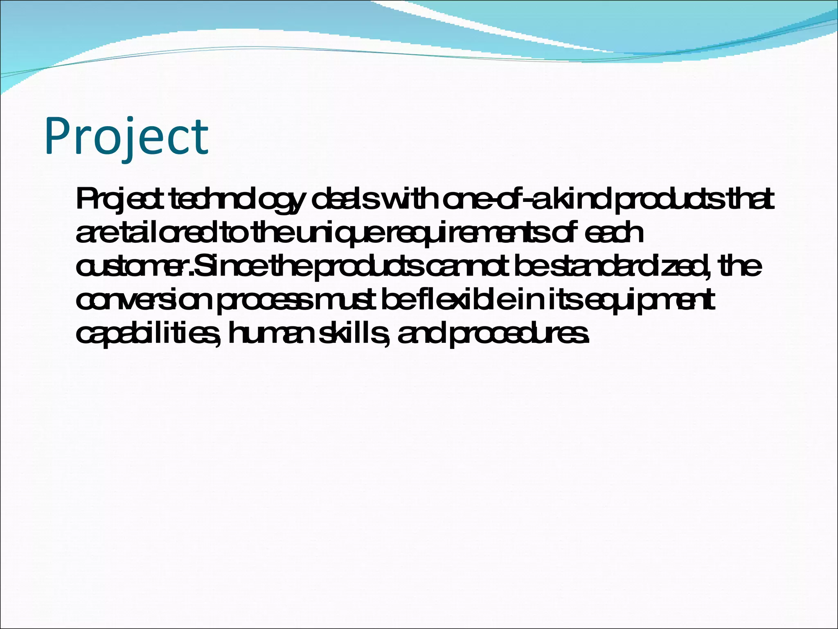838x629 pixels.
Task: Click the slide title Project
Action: [x=127, y=136]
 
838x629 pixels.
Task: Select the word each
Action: [x=614, y=233]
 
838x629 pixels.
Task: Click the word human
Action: [x=270, y=334]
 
